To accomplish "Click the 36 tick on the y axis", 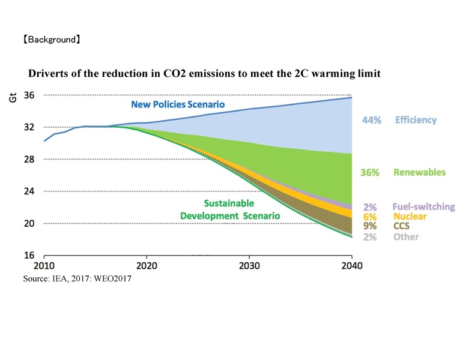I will click(x=29, y=95).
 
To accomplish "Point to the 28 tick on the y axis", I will click(x=29, y=159).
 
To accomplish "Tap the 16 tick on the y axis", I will click(x=29, y=255).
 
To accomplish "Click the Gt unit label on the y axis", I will click(x=13, y=97).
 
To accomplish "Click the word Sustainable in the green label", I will click(x=229, y=203).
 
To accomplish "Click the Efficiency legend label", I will click(x=416, y=120).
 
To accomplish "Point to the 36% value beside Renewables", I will click(x=370, y=172).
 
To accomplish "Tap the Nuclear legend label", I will click(x=410, y=216).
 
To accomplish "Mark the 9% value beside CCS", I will click(x=370, y=226).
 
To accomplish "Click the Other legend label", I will click(x=406, y=236).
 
